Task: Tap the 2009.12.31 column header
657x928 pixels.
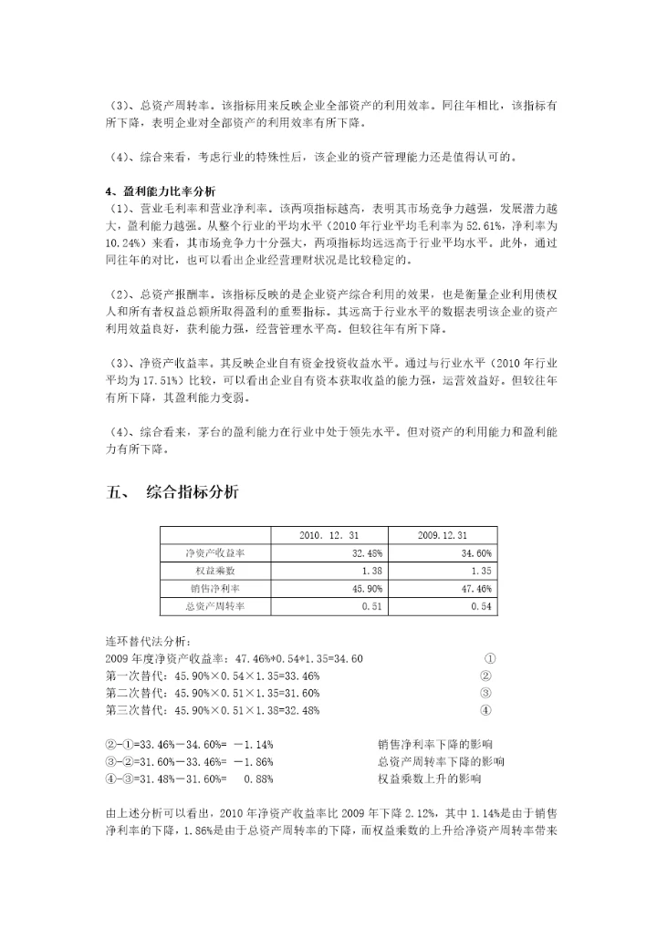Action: (x=442, y=535)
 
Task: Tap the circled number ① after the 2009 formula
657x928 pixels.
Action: (x=490, y=659)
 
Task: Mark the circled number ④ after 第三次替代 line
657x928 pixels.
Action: (x=486, y=711)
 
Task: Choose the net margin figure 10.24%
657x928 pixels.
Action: (x=123, y=243)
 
